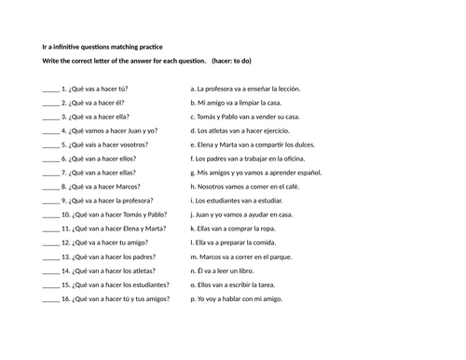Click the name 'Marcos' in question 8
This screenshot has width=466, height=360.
pyautogui.click(x=129, y=187)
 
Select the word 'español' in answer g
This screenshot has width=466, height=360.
pyautogui.click(x=308, y=173)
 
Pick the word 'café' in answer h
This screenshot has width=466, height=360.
pyautogui.click(x=296, y=187)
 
